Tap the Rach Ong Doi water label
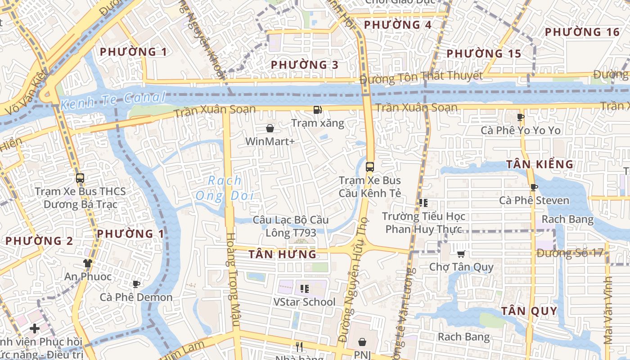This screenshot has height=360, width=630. point(225,188)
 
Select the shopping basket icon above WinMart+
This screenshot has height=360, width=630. point(270,129)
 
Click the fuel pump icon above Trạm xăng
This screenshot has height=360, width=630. point(318,110)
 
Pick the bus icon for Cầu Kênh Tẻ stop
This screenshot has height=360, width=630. point(370,167)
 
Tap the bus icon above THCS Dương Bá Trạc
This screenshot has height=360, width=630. point(80,178)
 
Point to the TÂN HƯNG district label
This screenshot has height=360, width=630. point(283,254)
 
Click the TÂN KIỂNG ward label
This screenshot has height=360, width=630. point(540,164)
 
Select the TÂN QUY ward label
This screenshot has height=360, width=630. point(529,311)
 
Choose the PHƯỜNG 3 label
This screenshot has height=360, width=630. point(304,65)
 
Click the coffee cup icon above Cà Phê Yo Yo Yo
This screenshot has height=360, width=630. point(521,117)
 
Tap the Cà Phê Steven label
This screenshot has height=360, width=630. point(534,200)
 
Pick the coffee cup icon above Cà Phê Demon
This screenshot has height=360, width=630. point(136,284)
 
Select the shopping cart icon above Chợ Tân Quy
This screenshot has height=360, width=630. point(461,254)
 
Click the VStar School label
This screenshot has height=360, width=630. point(304,302)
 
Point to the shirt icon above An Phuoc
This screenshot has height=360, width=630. point(87,263)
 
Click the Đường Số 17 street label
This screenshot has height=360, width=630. point(570,253)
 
